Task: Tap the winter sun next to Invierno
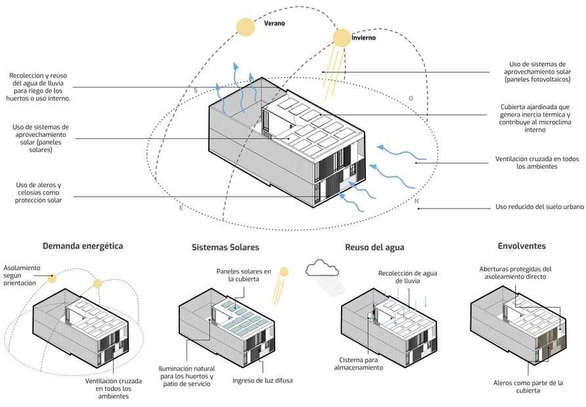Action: [x=341, y=38]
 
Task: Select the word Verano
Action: [x=275, y=23]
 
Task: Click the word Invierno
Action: [x=363, y=37]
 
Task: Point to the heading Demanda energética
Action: [x=83, y=247]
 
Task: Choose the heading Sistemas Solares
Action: [x=225, y=248]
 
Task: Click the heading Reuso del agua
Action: [x=374, y=248]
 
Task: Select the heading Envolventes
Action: [x=522, y=247]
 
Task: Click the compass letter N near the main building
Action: [x=416, y=201]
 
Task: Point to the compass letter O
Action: [x=411, y=99]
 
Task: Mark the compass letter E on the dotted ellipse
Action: [x=181, y=208]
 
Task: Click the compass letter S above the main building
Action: [x=195, y=90]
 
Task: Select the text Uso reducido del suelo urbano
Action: [x=539, y=207]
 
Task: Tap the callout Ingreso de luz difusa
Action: [x=261, y=380]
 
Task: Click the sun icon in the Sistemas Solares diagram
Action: [x=284, y=271]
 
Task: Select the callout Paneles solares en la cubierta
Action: [x=244, y=275]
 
